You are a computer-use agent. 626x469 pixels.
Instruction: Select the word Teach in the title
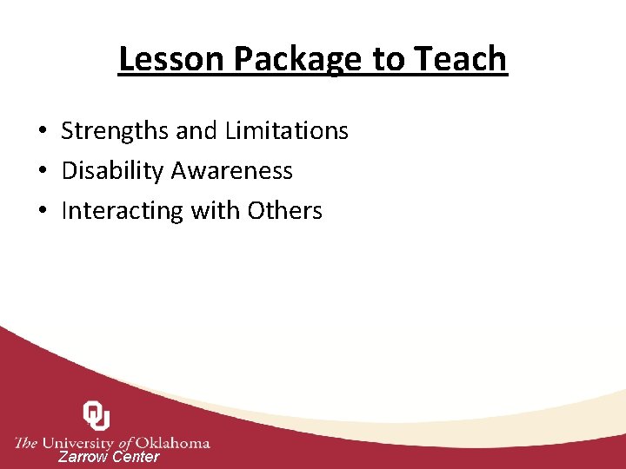pyautogui.click(x=461, y=59)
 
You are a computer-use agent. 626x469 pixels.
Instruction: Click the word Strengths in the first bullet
pyautogui.click(x=115, y=131)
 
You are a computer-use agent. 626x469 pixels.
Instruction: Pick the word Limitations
pyautogui.click(x=286, y=131)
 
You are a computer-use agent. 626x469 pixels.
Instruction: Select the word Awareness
pyautogui.click(x=232, y=171)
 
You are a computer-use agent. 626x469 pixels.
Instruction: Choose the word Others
pyautogui.click(x=284, y=211)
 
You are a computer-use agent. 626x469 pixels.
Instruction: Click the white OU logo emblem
pyautogui.click(x=96, y=415)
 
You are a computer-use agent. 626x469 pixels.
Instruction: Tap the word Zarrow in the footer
pyautogui.click(x=83, y=457)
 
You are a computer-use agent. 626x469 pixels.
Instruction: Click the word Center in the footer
pyautogui.click(x=137, y=457)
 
